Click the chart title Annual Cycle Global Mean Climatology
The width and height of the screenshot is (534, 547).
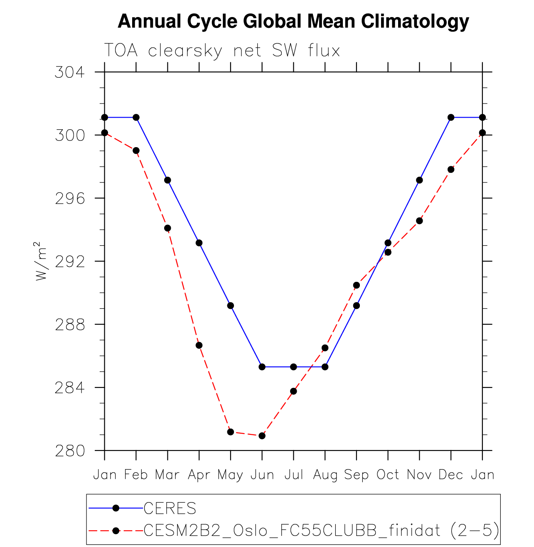pos(293,21)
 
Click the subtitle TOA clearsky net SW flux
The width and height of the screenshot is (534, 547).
pos(222,51)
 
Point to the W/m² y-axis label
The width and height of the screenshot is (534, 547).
pos(41,261)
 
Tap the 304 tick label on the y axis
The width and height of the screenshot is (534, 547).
pos(69,72)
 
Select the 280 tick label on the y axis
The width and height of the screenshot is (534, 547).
pos(69,451)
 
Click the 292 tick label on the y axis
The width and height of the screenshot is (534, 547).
pos(69,261)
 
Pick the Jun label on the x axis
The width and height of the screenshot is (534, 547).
pos(262,475)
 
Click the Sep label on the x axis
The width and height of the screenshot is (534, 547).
pos(357,475)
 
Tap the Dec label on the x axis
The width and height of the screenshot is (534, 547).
pos(451,475)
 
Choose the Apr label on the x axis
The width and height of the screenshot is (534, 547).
pos(199,475)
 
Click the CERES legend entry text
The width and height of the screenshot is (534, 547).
pos(170,508)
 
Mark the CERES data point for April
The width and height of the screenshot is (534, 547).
pos(199,243)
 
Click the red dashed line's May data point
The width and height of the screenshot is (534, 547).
pos(231,432)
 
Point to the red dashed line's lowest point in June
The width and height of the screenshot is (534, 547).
pos(262,436)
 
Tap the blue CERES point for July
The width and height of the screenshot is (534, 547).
pos(293,367)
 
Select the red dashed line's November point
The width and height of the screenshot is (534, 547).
pos(419,221)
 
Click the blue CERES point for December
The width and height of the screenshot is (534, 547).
pos(451,117)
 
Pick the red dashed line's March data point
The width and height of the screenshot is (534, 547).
pos(167,228)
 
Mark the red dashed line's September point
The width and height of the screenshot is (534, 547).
pos(357,285)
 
